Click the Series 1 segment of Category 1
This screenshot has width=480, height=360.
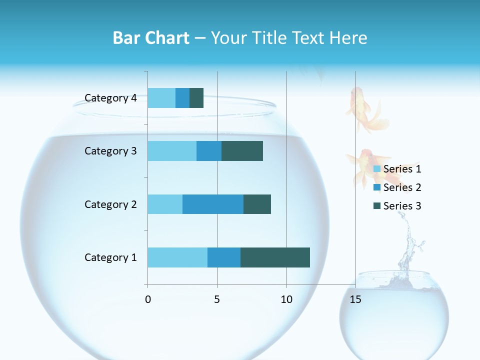(177, 257)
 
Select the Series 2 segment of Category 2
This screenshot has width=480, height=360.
(213, 204)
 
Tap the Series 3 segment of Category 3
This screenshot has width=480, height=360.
(242, 151)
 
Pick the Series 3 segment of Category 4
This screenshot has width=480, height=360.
(196, 98)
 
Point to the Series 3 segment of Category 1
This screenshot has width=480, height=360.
(275, 257)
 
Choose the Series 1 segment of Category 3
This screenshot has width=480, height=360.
(172, 151)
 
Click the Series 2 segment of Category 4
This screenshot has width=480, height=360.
(182, 98)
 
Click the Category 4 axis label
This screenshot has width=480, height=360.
(110, 98)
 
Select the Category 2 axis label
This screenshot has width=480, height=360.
(110, 204)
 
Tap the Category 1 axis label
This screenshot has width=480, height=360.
(110, 257)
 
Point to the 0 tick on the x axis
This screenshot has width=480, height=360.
(148, 299)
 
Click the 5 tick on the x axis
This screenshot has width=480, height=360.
(217, 299)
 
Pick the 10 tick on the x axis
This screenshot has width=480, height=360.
(286, 299)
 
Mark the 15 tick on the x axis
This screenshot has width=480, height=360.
(355, 299)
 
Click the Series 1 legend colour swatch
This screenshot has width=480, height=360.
(377, 169)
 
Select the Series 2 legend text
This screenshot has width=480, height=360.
(402, 187)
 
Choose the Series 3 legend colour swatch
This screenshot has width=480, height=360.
(377, 206)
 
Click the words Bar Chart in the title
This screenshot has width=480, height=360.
(151, 38)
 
